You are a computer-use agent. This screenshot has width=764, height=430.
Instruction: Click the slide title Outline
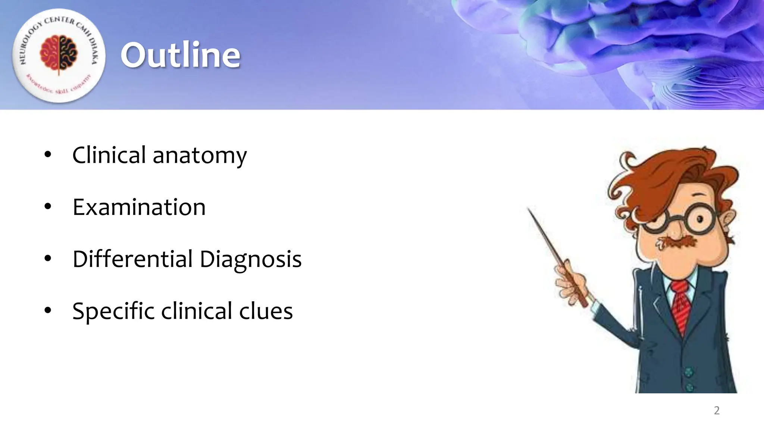pos(180,55)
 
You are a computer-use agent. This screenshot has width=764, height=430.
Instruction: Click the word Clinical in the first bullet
pos(109,155)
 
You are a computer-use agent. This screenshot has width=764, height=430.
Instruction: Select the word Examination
pos(139,207)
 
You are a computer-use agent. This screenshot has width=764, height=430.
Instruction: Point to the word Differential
pos(132,259)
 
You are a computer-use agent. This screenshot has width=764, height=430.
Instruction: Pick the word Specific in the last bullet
pos(113,311)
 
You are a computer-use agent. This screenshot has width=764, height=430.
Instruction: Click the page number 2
pos(717,411)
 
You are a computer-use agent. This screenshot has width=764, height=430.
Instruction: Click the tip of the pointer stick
pos(528,209)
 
